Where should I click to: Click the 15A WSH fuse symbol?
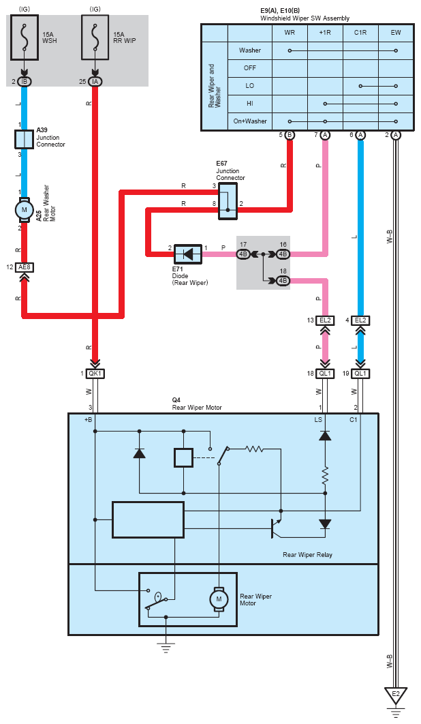(x=24, y=37)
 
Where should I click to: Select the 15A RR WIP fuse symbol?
(x=95, y=37)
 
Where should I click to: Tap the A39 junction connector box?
(x=24, y=139)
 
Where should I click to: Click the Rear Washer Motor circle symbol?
(x=24, y=209)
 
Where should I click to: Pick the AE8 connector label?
(x=24, y=267)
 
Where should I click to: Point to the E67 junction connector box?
(x=228, y=201)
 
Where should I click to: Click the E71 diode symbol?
(x=188, y=254)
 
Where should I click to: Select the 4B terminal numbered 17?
(x=243, y=254)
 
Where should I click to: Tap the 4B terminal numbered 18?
(x=283, y=281)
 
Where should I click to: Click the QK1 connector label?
(x=95, y=374)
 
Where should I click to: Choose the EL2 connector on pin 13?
(x=325, y=320)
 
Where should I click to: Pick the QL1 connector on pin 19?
(x=360, y=374)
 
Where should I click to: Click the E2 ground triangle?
(x=396, y=695)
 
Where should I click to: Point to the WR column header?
(x=290, y=33)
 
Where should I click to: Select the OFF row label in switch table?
(x=250, y=68)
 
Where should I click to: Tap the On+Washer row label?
(x=250, y=121)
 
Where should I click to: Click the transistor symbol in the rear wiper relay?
(x=276, y=528)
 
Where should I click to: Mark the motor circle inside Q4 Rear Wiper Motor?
(x=219, y=599)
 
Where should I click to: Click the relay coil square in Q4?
(x=183, y=457)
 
